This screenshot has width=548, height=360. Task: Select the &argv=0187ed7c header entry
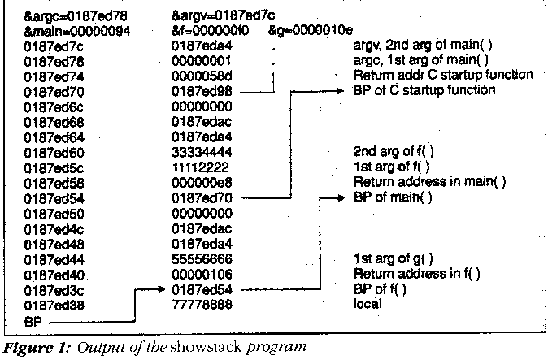pyautogui.click(x=212, y=15)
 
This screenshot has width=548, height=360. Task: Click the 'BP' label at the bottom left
pyautogui.click(x=33, y=321)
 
